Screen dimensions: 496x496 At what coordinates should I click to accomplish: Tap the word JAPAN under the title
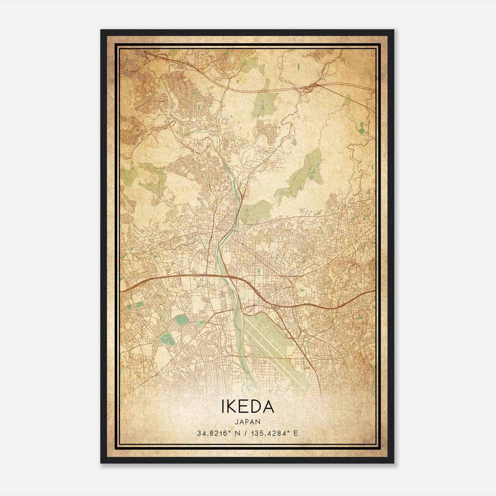pos(248,422)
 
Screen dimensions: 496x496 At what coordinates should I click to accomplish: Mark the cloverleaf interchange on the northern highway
pos(308,90)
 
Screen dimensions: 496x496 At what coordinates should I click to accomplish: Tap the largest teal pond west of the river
pos(179,319)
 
